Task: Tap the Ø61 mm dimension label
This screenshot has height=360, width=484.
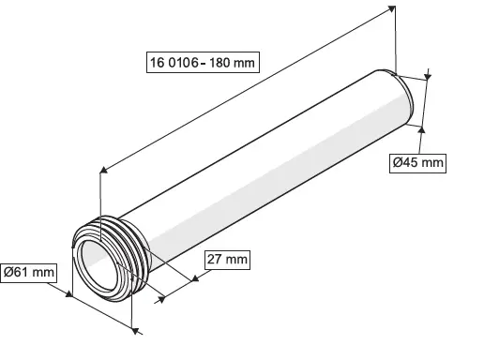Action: click(29, 273)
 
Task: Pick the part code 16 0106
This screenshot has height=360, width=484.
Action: click(174, 63)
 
